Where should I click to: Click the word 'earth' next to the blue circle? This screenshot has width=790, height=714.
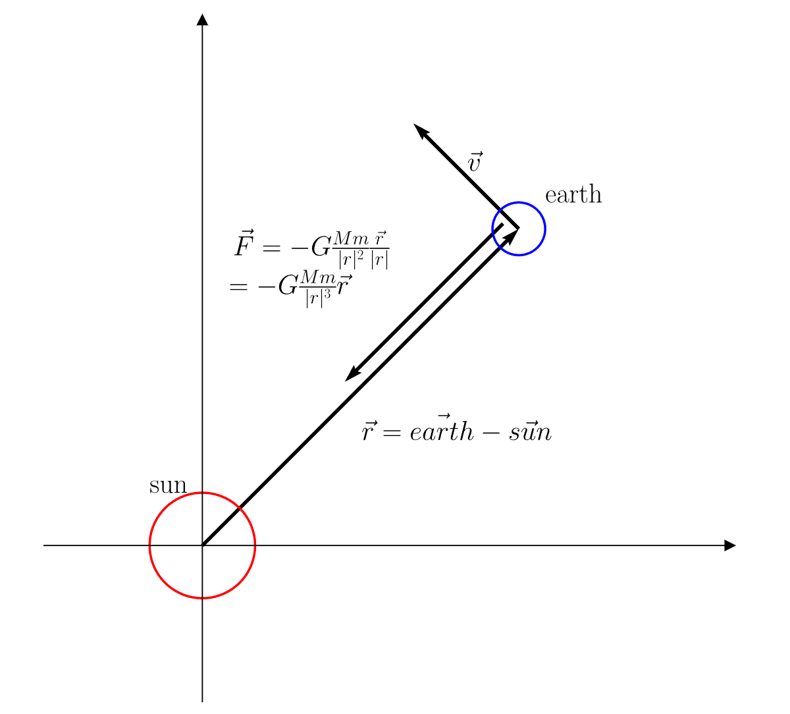[x=573, y=195]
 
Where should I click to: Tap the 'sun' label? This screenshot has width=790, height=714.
[x=168, y=486]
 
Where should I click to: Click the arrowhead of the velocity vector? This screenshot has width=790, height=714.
[x=419, y=130]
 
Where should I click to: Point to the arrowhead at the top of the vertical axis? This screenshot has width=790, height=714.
[x=202, y=19]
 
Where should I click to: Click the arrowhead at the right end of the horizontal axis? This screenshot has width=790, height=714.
[x=729, y=545]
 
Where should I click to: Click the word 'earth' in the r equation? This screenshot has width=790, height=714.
[x=440, y=432]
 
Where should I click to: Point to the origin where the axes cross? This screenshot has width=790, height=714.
[x=202, y=545]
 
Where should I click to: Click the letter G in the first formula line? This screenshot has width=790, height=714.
[x=321, y=248]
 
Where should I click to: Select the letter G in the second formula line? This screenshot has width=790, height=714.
[x=288, y=287]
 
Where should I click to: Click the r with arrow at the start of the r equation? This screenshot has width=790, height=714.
[x=369, y=431]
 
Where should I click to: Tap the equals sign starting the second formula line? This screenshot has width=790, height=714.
[x=238, y=288]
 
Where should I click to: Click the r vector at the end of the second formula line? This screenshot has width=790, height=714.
[x=344, y=287]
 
